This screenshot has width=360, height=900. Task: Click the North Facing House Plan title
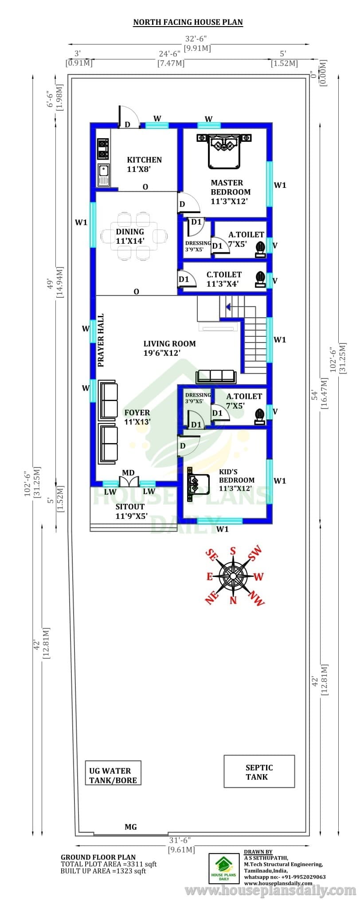(x=188, y=22)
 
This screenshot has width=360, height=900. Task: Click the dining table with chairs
(x=134, y=236)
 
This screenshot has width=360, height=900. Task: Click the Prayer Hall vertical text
(x=101, y=340)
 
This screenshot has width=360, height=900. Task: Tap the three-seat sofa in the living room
(x=216, y=376)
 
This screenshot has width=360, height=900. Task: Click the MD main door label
(x=128, y=473)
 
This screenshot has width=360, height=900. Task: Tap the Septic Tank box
(x=259, y=771)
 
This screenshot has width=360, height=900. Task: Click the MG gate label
(x=131, y=827)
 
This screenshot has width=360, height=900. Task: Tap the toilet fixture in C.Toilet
(x=260, y=279)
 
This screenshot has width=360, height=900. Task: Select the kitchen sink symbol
(x=103, y=175)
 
